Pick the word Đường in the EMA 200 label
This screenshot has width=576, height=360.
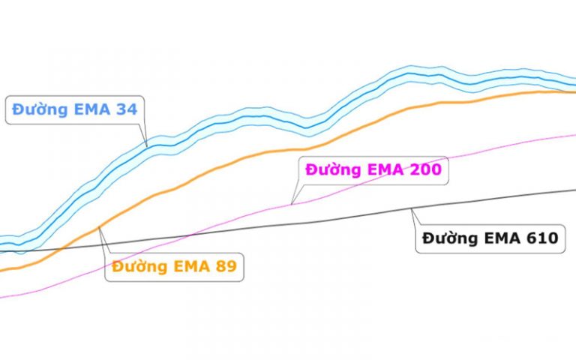[331, 169]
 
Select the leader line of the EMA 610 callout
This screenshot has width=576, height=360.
[415, 217]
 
